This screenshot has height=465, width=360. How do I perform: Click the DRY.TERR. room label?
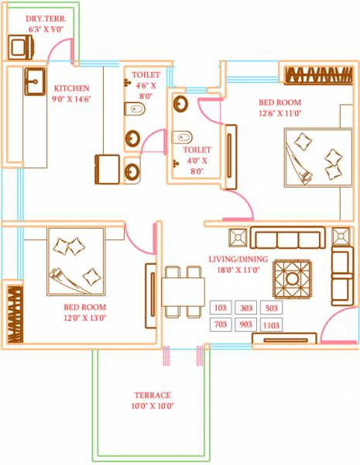pyautogui.click(x=46, y=17)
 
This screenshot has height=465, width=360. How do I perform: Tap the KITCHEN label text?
pyautogui.click(x=71, y=88)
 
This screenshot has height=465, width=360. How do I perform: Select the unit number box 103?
pyautogui.click(x=219, y=308)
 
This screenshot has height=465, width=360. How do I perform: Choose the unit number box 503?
pyautogui.click(x=271, y=308)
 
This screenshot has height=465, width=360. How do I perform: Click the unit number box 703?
pyautogui.click(x=219, y=325)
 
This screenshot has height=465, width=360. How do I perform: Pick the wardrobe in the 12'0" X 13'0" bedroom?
pyautogui.click(x=12, y=315)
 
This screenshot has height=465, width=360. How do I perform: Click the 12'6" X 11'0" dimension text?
pyautogui.click(x=279, y=113)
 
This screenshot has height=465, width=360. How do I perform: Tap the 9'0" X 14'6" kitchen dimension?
pyautogui.click(x=72, y=99)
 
